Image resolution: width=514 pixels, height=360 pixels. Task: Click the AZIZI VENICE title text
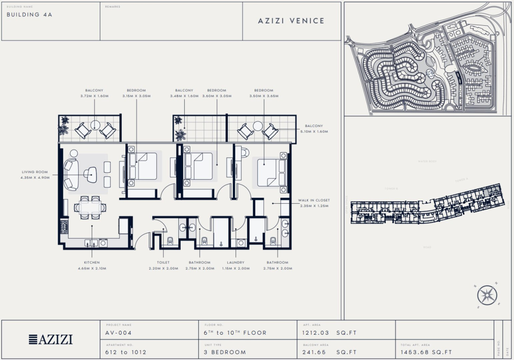pos(291,21)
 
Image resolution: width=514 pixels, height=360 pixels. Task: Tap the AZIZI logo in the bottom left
pos(51,340)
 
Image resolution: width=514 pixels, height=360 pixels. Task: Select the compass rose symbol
pos(487,296)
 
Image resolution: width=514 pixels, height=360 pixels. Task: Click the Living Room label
pos(35,172)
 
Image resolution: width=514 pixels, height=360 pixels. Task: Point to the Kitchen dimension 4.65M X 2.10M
pos(92,268)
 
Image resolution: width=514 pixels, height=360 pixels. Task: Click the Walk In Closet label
pos(314,200)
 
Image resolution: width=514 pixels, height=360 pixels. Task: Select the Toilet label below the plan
pos(163,262)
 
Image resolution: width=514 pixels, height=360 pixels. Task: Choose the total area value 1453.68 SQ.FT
pos(426,352)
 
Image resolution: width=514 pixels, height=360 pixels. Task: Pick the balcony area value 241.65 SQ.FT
pos(329,352)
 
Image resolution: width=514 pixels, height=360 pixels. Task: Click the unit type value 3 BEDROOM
pos(224,352)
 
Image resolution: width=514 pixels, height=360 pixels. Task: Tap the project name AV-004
pos(119,333)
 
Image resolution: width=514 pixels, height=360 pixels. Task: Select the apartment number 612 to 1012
pos(126,352)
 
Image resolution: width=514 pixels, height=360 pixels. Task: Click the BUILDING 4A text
pos(29,14)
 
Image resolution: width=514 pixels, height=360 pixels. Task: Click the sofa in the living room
pos(71,174)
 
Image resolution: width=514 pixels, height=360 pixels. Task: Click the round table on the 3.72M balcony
pos(95,125)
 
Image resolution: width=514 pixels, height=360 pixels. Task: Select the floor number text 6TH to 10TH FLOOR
pos(235,333)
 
